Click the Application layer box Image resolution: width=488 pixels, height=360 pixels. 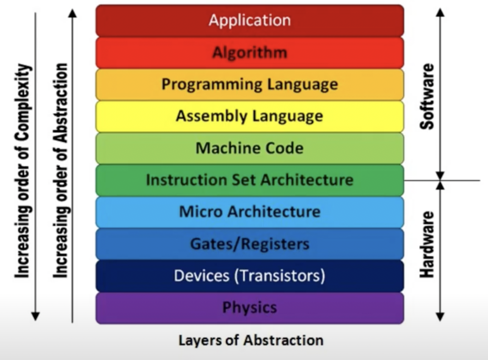coord(250,20)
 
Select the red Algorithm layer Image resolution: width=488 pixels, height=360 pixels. coord(250,52)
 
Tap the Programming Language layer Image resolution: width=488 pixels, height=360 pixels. coord(250,84)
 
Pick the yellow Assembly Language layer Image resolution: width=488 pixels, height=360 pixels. coord(250,116)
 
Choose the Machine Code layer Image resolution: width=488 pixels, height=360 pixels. coord(250,148)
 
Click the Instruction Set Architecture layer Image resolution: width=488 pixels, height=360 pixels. coord(250,180)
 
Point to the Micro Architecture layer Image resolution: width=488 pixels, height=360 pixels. coord(250,212)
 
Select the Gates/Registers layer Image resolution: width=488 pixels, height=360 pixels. coord(250,244)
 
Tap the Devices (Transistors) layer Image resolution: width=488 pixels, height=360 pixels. coord(250,276)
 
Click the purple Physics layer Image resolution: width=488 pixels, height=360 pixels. coord(250,308)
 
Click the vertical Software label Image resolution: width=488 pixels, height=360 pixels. coord(427,97)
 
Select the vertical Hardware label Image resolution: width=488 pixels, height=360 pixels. coord(427,244)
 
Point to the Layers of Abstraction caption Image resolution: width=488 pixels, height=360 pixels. coord(251,340)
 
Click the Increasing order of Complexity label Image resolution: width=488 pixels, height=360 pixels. coord(23,171)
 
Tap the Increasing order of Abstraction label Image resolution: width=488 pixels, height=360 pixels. coord(61,171)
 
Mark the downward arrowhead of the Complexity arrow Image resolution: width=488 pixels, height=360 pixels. coord(35,316)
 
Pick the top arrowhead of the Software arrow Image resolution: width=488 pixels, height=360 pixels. coord(440,12)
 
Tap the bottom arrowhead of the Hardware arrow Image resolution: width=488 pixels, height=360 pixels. coord(440,317)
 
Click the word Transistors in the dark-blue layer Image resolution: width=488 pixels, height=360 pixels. coord(280,276)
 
